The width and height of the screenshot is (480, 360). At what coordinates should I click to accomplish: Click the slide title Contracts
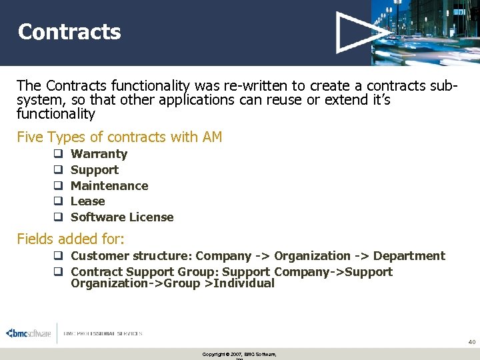pyautogui.click(x=69, y=32)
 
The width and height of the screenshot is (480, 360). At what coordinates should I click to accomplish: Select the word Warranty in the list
pyautogui.click(x=99, y=154)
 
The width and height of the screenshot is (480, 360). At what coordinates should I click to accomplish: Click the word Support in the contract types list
pyautogui.click(x=95, y=170)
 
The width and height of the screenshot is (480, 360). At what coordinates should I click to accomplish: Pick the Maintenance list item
pyautogui.click(x=109, y=186)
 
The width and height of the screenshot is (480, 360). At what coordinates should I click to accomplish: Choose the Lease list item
pyautogui.click(x=88, y=201)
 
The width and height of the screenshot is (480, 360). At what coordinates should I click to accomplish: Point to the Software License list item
pyautogui.click(x=122, y=217)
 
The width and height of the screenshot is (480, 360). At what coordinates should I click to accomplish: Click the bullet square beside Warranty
pyautogui.click(x=58, y=154)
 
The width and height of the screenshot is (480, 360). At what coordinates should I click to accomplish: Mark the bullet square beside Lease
pyautogui.click(x=58, y=201)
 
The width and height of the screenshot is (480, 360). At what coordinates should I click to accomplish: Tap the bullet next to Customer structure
pyautogui.click(x=58, y=256)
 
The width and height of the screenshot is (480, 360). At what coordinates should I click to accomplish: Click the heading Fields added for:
pyautogui.click(x=71, y=239)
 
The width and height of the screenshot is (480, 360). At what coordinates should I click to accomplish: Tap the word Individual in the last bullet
pyautogui.click(x=242, y=283)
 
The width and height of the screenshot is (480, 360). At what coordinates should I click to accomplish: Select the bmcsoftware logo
pyautogui.click(x=29, y=333)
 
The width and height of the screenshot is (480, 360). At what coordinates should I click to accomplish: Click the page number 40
pyautogui.click(x=471, y=342)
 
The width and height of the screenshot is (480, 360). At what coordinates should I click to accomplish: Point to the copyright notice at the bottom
pyautogui.click(x=239, y=354)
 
